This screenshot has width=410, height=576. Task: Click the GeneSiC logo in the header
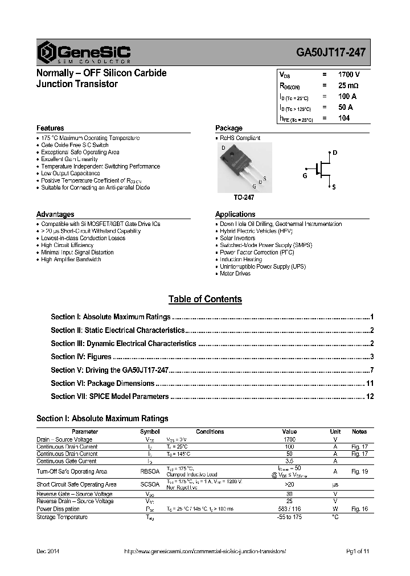pos(84,52)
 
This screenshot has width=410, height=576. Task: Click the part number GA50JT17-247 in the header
pos(331,52)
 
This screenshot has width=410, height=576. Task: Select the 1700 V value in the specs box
pos(348,75)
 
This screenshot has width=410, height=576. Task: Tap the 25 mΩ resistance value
pos(348,85)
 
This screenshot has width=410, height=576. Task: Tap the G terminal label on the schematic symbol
pos(305,176)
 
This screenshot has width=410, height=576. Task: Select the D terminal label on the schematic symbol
pos(335,153)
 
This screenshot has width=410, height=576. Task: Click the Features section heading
pos(50,128)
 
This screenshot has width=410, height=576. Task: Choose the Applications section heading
pos(235,214)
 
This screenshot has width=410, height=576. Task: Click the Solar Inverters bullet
pos(237,238)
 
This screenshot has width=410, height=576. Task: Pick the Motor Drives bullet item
pos(235,274)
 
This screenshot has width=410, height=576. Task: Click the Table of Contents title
pos(205,299)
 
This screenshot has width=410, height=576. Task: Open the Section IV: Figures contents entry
pos(81,357)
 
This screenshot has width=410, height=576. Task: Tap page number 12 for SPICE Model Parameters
pos(370,397)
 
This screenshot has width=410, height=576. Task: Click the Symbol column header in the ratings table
pos(150,431)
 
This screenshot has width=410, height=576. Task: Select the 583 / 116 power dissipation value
pos(289,509)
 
